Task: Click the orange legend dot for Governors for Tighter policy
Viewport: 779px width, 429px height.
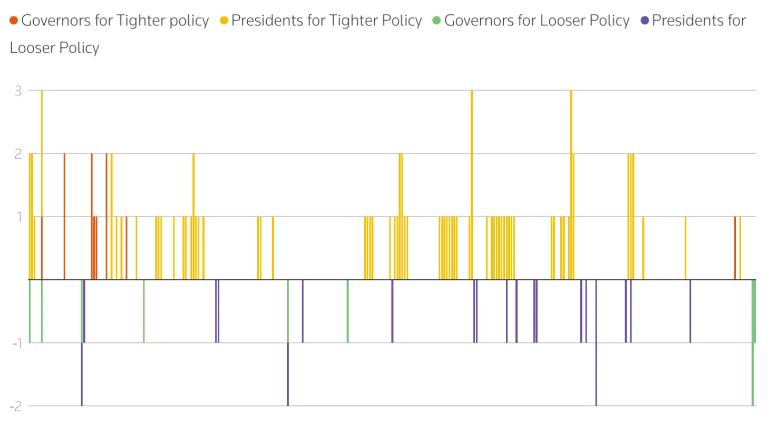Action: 14,21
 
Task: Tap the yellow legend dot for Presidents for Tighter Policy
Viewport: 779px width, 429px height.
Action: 224,21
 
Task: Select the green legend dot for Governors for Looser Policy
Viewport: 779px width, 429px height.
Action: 436,21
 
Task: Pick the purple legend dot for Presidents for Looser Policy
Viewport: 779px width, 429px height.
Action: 644,21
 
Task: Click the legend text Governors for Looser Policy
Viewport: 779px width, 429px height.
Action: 537,21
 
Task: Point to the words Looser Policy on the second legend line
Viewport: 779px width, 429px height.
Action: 54,48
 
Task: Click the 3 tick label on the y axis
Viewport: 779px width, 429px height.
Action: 18,91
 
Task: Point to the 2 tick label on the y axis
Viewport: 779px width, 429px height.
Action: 18,154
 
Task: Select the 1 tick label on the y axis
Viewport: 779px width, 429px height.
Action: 20,217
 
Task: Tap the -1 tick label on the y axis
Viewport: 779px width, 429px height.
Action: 17,343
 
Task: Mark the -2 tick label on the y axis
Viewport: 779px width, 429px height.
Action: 16,406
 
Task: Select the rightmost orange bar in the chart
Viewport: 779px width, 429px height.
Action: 735,248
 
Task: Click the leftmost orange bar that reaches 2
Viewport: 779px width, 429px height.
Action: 64,216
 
